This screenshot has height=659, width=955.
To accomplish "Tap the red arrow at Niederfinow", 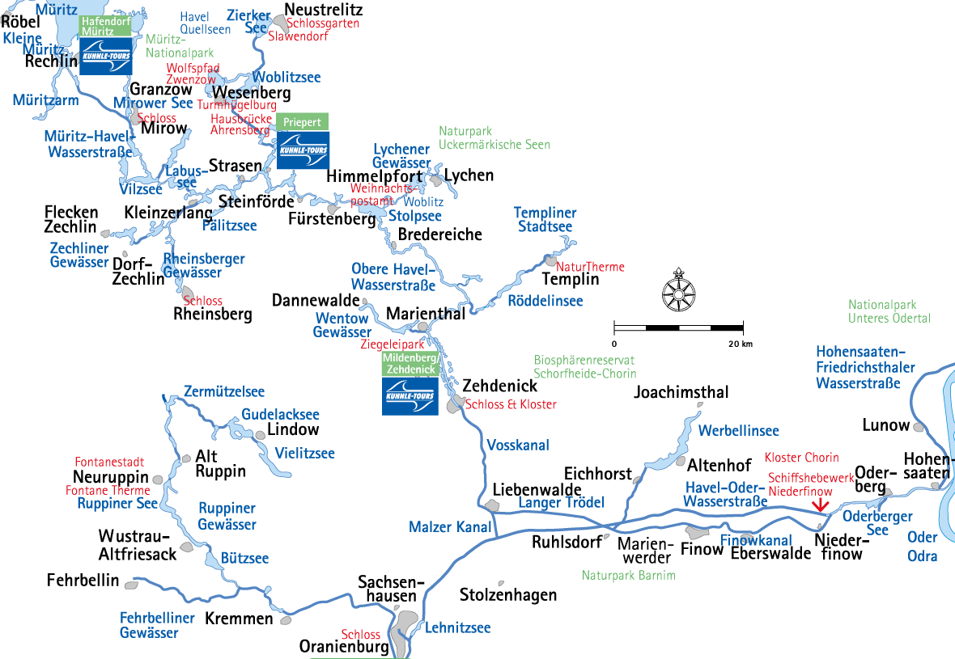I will [821, 504].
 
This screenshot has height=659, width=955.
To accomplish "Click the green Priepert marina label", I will [303, 122].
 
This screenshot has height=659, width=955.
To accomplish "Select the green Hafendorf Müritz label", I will [104, 26].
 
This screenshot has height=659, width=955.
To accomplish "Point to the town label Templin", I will [571, 280].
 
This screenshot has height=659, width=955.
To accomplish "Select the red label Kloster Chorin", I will [801, 458].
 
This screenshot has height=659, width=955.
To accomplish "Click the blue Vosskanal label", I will [518, 445].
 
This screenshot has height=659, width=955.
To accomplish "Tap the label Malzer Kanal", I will [450, 527].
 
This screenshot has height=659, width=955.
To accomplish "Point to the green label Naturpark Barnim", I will [628, 576].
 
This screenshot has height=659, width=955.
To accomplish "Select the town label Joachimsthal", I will [681, 393].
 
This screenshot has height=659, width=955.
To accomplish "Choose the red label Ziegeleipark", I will [392, 344].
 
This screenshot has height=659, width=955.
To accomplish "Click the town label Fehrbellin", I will [83, 581].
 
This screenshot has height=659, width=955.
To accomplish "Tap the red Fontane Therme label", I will [108, 490].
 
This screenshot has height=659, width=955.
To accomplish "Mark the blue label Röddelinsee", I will [545, 301].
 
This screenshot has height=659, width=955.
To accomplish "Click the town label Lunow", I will [886, 425].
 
